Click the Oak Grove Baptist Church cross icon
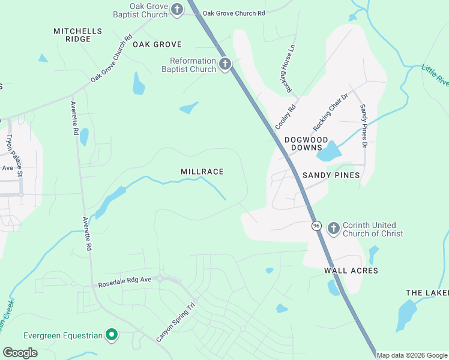[x=177, y=9]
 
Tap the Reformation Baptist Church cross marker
[x=225, y=64]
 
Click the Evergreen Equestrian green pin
[x=111, y=335]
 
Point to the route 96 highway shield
[x=316, y=226]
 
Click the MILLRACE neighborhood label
[x=202, y=172]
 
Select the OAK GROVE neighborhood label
[x=157, y=44]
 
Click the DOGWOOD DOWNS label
[x=307, y=143]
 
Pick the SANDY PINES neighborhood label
[x=331, y=175]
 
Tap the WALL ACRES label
[x=351, y=271]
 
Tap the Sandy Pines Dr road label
[x=363, y=125]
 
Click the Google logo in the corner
[x=20, y=353]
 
